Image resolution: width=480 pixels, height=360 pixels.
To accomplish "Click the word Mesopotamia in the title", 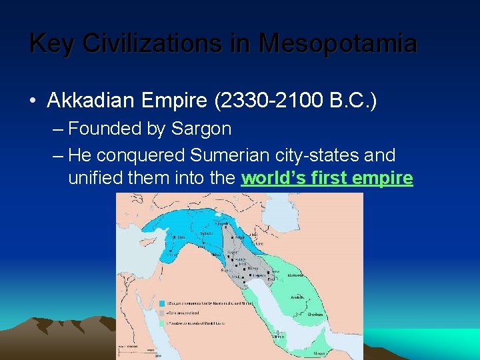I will (x=338, y=44).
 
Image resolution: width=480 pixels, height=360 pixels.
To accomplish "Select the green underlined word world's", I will (x=273, y=179).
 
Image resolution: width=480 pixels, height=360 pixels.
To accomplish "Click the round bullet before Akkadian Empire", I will (x=33, y=101).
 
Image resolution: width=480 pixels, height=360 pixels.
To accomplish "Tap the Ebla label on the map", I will (x=181, y=237).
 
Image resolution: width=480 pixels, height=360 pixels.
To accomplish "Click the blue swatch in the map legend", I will (x=162, y=303).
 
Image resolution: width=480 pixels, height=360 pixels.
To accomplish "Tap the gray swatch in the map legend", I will (x=162, y=313).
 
